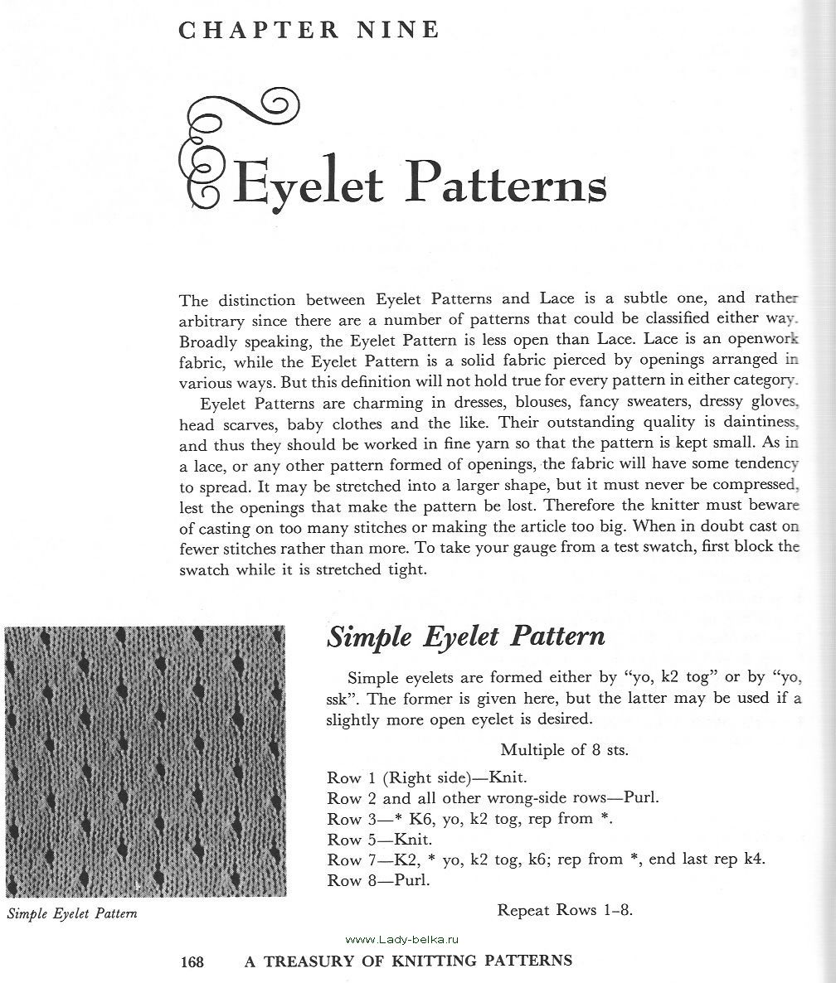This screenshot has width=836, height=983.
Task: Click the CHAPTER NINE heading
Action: coord(309,31)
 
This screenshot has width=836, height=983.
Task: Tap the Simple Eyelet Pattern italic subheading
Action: coord(465,637)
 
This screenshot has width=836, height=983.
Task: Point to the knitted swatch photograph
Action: coord(145,761)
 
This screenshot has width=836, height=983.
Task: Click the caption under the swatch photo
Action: coord(71,914)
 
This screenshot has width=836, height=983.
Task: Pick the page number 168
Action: coord(192,961)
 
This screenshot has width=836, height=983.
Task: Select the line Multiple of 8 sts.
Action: coord(564,750)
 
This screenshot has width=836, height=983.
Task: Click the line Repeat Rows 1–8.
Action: coord(565,909)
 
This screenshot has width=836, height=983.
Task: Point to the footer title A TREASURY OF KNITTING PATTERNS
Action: coord(408,961)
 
